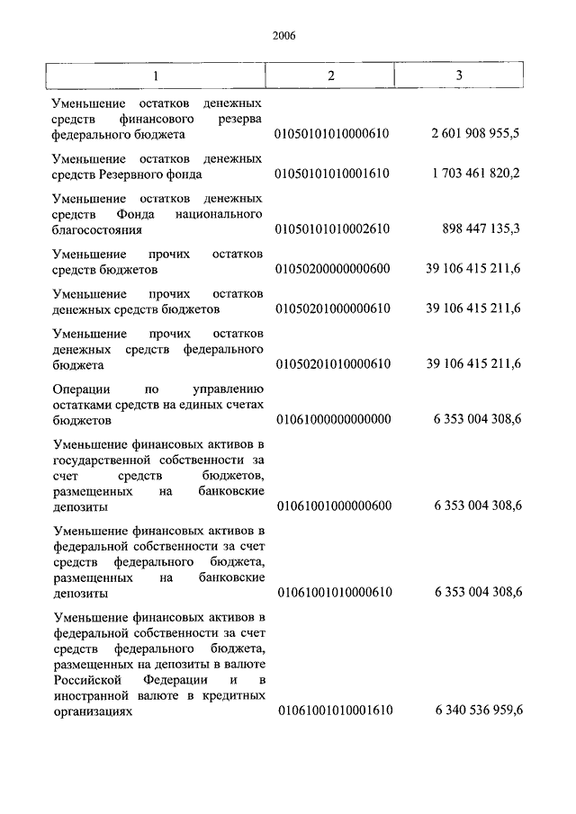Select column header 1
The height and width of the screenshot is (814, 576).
coord(157,75)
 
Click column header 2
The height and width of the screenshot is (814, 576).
coord(331,75)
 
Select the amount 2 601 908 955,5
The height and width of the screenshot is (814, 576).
coord(476,134)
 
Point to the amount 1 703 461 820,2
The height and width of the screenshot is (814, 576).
coord(476,174)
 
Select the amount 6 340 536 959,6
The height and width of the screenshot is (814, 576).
coord(478,711)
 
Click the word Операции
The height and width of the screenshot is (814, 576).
coord(81,389)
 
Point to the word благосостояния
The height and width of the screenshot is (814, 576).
coord(98,229)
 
